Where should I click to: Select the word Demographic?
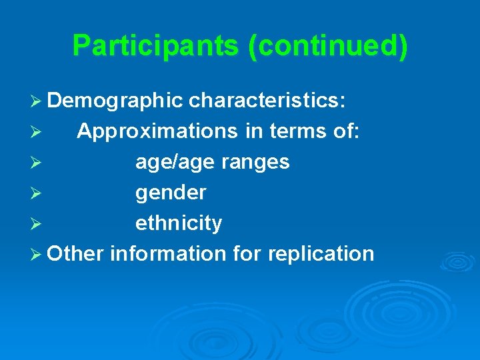pyautogui.click(x=115, y=101)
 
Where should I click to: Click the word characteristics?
pyautogui.click(x=267, y=101)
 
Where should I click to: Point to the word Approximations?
pyautogui.click(x=157, y=131)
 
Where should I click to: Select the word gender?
pyautogui.click(x=171, y=193)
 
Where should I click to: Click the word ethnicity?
pyautogui.click(x=179, y=223)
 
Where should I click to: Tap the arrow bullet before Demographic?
pyautogui.click(x=37, y=101)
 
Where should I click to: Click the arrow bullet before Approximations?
pyautogui.click(x=37, y=132)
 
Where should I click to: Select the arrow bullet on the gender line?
pyautogui.click(x=37, y=193)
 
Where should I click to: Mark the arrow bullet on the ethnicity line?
pyautogui.click(x=37, y=224)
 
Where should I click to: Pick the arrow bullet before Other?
pyautogui.click(x=37, y=255)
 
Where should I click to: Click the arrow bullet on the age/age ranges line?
pyautogui.click(x=37, y=163)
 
